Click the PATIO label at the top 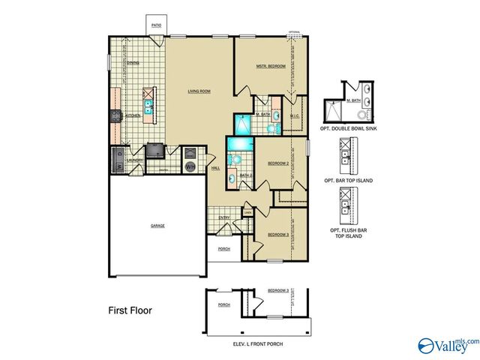(x=156, y=25)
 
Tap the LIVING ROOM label (x=199, y=91)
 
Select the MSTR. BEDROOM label (x=271, y=67)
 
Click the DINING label (x=133, y=63)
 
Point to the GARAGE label (x=157, y=225)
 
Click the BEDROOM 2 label (x=278, y=163)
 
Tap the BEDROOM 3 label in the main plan (x=278, y=234)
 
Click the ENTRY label (x=224, y=217)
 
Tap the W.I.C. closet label (x=295, y=115)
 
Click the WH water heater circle (x=190, y=166)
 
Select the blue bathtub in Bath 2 (x=241, y=144)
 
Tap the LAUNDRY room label (x=135, y=160)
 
